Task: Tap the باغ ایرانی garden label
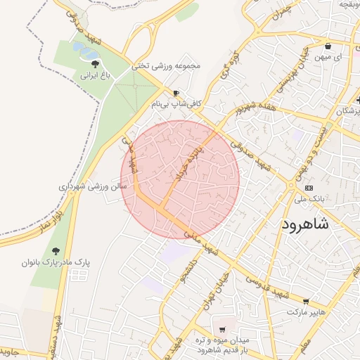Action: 86,73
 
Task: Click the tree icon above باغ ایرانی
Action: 86,63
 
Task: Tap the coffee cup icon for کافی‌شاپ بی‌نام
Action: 176,93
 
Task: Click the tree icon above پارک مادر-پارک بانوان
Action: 56,251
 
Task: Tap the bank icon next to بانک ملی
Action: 309,188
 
